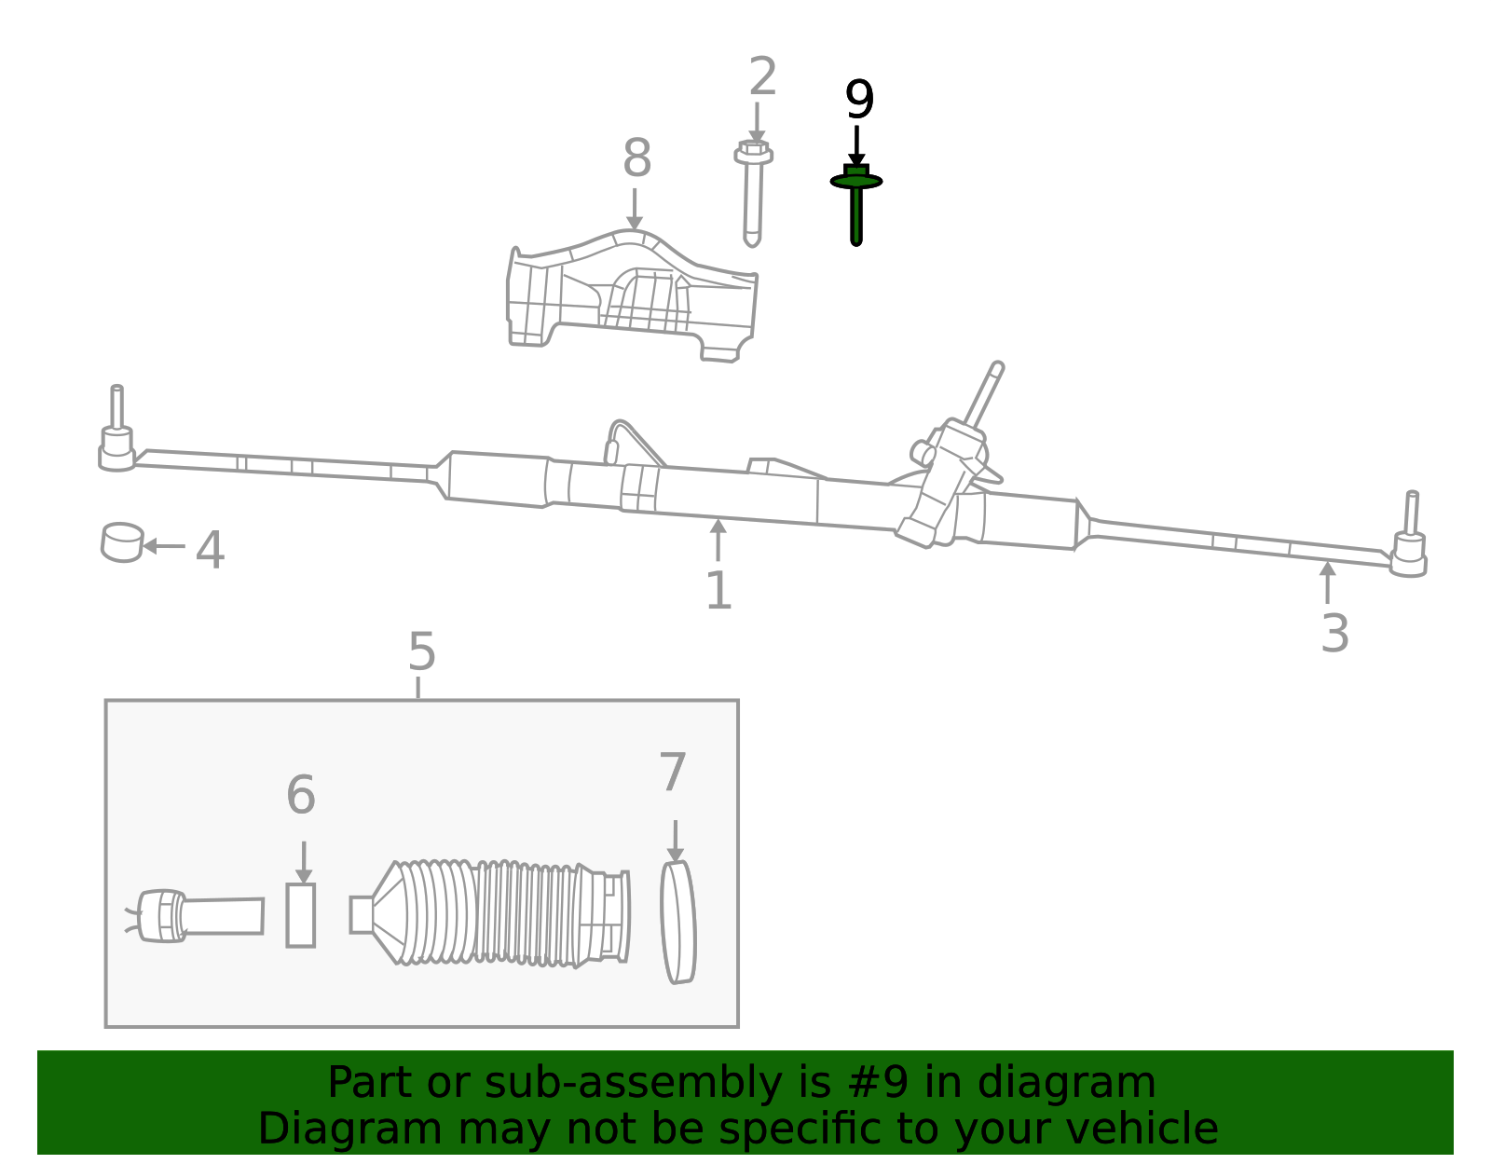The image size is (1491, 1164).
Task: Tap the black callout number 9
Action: [858, 101]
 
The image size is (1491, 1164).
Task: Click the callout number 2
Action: [762, 77]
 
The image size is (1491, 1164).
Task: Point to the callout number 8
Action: [636, 159]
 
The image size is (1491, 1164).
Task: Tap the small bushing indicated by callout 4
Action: [122, 542]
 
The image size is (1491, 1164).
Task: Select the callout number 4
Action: [210, 550]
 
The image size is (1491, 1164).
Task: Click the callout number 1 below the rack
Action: [718, 591]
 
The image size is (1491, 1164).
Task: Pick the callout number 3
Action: [1334, 634]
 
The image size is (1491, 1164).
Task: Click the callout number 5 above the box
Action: [421, 652]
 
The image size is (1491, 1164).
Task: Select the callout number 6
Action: [300, 795]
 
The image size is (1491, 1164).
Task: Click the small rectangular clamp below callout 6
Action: [300, 915]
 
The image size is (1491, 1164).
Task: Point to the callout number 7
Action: [673, 773]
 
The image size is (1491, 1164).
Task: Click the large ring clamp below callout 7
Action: [677, 922]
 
